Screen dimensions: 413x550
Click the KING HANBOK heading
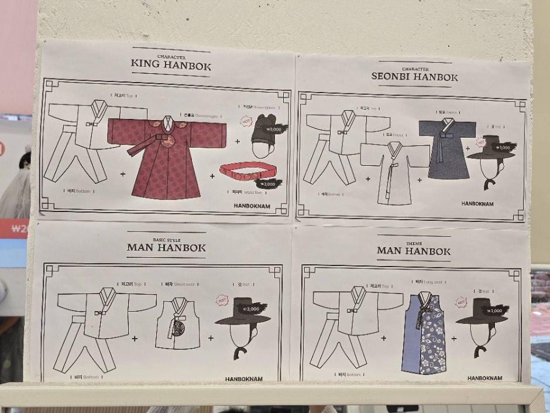[171, 64]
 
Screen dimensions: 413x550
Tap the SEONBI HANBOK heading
[414, 76]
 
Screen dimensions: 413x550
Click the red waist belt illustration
[246, 172]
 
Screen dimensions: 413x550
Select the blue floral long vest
[424, 333]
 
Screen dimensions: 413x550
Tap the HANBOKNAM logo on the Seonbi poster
[477, 204]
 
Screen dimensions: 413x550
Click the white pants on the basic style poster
[79, 346]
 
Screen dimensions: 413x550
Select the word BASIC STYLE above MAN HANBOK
[166, 240]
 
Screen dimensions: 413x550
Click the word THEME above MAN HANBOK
[413, 243]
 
